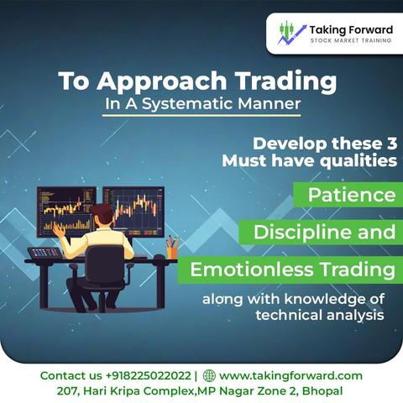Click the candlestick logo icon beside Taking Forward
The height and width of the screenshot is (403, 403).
pos(291,33)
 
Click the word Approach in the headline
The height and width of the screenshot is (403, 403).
pos(161,81)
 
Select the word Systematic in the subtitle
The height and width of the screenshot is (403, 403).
pos(187,104)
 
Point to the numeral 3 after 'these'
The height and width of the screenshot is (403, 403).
pos(391,144)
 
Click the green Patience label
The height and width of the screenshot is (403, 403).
pos(348,195)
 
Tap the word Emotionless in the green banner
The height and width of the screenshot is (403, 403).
pos(252,270)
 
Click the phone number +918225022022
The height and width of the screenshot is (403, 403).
pos(149,375)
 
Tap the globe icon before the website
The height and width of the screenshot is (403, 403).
pos(209,375)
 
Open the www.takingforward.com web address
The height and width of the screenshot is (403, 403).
pos(290,376)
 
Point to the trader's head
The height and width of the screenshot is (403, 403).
pos(102,214)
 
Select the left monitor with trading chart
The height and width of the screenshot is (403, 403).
pos(66,212)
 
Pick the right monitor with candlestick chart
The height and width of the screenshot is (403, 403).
pos(133,212)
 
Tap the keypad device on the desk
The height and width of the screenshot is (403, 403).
pos(45,253)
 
